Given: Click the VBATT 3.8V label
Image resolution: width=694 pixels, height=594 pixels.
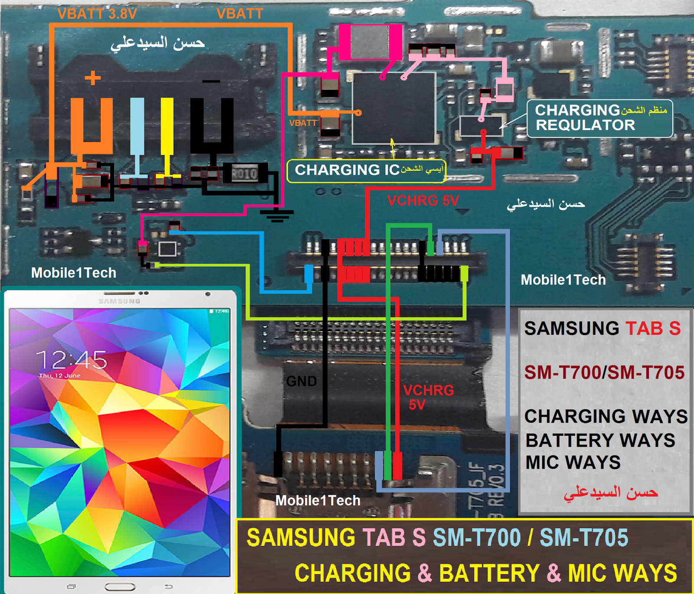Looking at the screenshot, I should pos(97,14).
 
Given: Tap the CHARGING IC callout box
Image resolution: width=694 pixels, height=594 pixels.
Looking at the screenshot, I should pos(367,170).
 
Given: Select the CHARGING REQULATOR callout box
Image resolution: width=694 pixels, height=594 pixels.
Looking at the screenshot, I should pos(599,118).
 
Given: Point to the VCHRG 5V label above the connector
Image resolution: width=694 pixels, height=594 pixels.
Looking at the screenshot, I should pos(423,200).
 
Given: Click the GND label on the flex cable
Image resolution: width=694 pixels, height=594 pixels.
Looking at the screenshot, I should pos(301,381).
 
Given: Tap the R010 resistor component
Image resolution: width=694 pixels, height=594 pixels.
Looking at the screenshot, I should pos(245,174).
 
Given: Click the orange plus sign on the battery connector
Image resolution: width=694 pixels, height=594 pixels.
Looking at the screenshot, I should pos(92,78).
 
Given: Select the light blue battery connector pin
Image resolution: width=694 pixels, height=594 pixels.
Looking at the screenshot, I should pos(137,126).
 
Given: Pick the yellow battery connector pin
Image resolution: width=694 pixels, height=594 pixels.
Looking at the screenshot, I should pos(167,126).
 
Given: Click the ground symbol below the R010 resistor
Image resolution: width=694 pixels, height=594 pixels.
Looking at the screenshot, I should pos(277,215).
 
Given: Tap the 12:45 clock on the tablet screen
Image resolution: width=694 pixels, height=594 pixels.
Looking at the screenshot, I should pos(72,359).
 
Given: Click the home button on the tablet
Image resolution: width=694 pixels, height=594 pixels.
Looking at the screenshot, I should pos(120,587).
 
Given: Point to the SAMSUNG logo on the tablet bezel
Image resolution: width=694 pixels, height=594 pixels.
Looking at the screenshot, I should pos(119,301).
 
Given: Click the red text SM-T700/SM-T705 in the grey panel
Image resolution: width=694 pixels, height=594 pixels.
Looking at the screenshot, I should pos(604,372).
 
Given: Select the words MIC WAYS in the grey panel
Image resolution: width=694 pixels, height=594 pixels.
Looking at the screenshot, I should pos(573,462).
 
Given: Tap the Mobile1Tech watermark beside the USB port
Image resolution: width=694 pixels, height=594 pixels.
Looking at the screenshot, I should pos(318,500).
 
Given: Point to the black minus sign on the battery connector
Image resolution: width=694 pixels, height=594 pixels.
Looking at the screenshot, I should pos(211,81).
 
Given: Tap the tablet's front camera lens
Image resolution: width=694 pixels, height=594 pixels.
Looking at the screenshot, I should pos(208,294).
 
